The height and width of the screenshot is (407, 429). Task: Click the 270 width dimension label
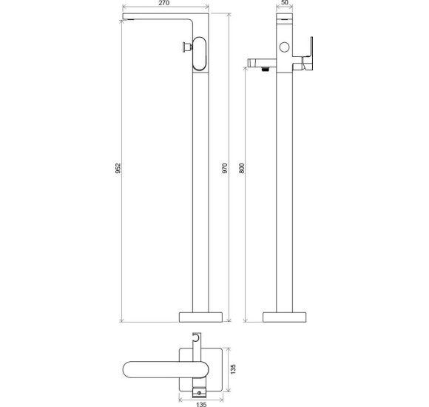(164, 3)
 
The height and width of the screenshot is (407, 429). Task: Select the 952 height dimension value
(118, 168)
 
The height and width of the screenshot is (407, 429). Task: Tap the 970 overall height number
(225, 168)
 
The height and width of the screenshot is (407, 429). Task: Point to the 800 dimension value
(242, 168)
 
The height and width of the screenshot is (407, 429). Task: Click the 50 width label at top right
(285, 2)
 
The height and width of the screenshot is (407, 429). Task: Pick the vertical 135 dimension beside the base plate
(233, 369)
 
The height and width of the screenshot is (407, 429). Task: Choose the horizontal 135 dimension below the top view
(201, 404)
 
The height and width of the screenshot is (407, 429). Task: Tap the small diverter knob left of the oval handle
(187, 47)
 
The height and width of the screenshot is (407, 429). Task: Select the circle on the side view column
(285, 47)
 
